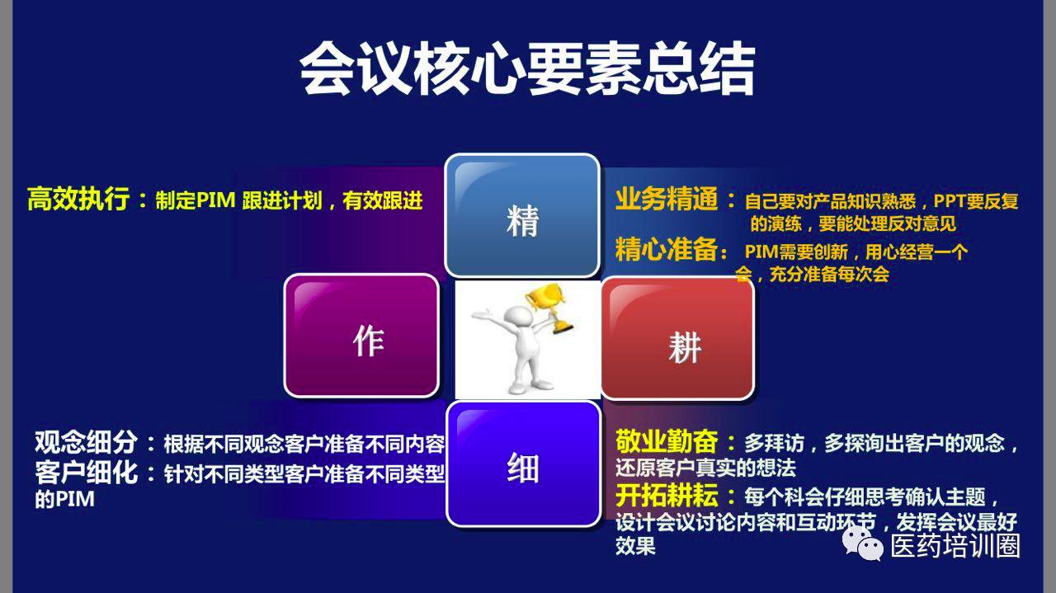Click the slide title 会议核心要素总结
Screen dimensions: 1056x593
tap(527, 68)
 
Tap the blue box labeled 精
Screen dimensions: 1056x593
tap(522, 215)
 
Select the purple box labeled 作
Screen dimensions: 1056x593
tap(362, 336)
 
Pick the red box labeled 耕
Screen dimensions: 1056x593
tap(678, 338)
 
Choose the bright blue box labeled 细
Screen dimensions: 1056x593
tap(524, 464)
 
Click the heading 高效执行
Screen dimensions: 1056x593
tap(78, 199)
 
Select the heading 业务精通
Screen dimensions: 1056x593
tap(666, 199)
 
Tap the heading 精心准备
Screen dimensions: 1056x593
tap(666, 249)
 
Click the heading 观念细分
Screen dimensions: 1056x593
tap(86, 442)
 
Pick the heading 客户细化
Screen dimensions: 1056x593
tap(86, 473)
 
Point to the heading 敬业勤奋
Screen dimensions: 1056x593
tap(667, 441)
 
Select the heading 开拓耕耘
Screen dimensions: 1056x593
tap(667, 495)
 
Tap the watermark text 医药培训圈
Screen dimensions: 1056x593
tap(955, 545)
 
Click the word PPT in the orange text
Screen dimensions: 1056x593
tap(949, 201)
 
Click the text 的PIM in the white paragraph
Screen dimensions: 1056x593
tap(64, 499)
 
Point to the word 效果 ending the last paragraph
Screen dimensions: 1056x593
tap(635, 546)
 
